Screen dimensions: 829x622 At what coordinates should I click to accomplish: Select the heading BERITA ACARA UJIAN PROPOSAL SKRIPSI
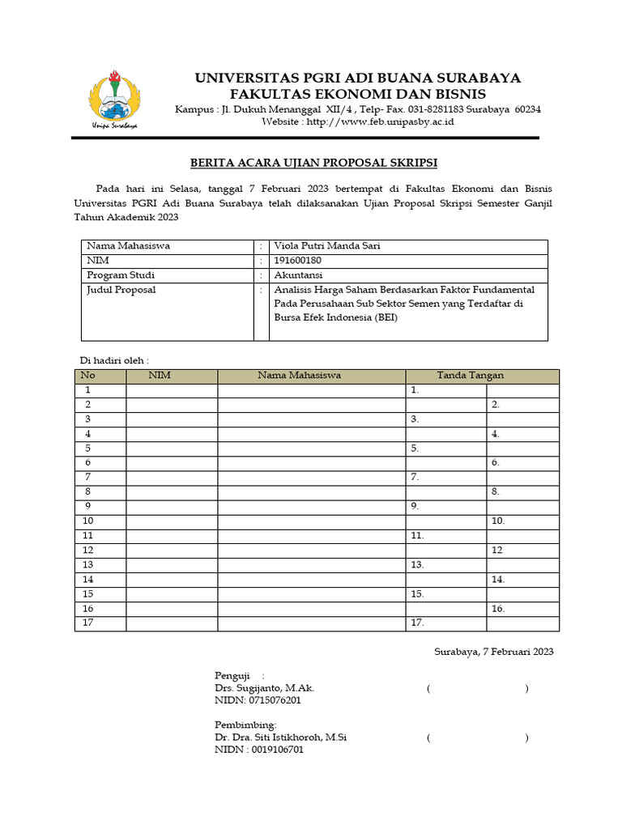click(x=313, y=163)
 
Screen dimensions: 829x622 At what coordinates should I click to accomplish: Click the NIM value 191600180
click(x=299, y=261)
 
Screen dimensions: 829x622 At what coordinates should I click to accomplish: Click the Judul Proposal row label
click(x=121, y=290)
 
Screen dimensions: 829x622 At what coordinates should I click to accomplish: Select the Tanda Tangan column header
click(x=470, y=376)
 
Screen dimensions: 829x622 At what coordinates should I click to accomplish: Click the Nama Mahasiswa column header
click(x=299, y=376)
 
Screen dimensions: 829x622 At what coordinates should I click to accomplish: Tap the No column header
click(x=87, y=376)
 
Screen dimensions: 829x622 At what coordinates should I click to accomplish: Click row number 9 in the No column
click(x=87, y=506)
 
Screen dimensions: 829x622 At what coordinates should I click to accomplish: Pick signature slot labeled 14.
click(x=497, y=580)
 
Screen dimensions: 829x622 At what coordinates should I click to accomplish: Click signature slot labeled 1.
click(x=415, y=390)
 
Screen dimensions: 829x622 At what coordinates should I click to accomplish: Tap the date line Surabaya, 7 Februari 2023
click(x=493, y=652)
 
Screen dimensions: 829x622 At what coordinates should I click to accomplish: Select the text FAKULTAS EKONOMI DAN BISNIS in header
click(x=357, y=95)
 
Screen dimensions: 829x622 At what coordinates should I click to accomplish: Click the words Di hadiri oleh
click(x=113, y=360)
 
